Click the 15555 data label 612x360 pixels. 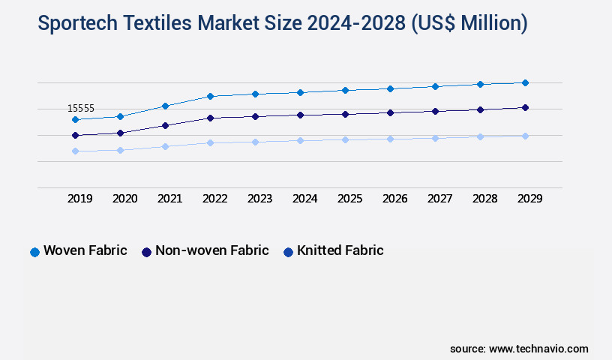pos(80,109)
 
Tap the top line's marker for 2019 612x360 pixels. pos(75,119)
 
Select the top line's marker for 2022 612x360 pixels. pos(210,96)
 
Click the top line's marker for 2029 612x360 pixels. pos(525,82)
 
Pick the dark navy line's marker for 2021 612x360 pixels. pos(165,125)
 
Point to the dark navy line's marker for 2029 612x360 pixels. pos(525,107)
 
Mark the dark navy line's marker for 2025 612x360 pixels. pos(345,114)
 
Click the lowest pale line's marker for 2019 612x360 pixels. pos(75,151)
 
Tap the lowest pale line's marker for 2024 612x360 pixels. pos(300,140)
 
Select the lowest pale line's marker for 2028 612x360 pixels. pos(480,136)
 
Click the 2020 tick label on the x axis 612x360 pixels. pos(124,199)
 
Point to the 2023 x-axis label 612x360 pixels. pos(259,199)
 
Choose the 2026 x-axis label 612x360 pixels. pos(394,199)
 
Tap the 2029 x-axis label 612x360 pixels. pos(529,199)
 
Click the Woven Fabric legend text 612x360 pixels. pos(85,250)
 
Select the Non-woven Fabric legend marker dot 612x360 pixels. pos(146,252)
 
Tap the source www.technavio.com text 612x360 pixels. pos(519,349)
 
